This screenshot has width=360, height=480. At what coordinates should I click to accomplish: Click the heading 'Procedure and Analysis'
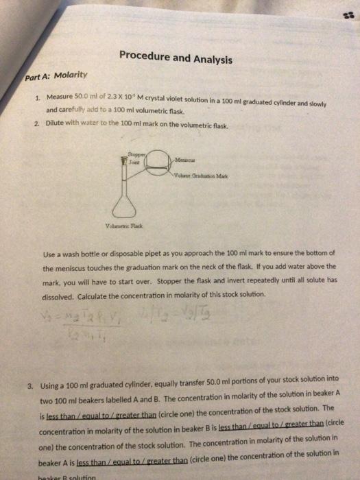pos(176,58)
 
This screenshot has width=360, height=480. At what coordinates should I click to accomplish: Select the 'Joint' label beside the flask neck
pos(128,162)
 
